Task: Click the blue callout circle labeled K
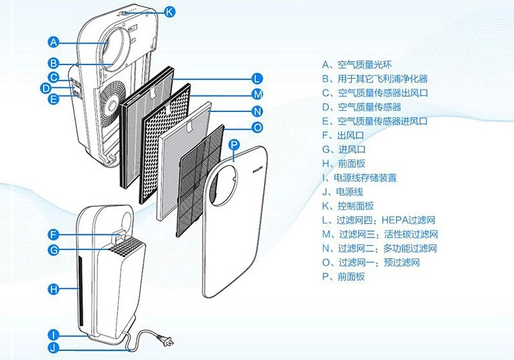(x=169, y=11)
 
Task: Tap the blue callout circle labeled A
(x=54, y=42)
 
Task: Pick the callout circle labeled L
(x=257, y=77)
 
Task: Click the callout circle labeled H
(x=54, y=288)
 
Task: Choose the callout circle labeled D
(x=46, y=88)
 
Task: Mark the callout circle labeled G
(x=54, y=250)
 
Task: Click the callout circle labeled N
(x=257, y=110)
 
